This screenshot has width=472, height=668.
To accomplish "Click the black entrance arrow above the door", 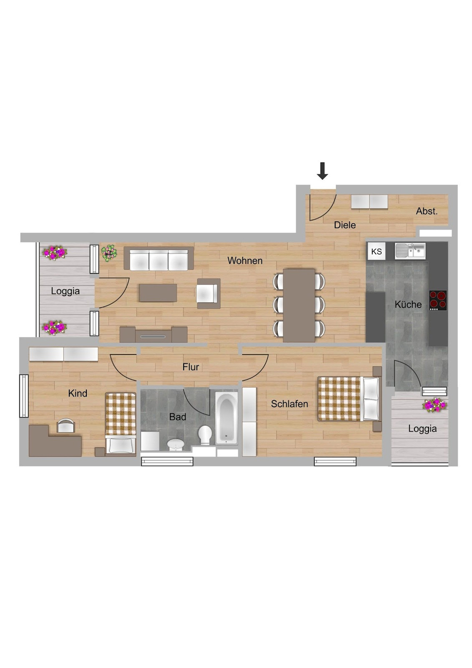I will [322, 170].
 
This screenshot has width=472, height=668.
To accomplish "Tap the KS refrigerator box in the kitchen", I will [376, 252].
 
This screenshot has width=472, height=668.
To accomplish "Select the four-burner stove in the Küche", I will [438, 300].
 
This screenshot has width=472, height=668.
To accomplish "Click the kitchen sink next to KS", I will [410, 251].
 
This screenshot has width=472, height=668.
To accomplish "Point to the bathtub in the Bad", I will [227, 418].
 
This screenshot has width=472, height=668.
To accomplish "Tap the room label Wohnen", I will [244, 261].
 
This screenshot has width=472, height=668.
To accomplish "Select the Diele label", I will [345, 225].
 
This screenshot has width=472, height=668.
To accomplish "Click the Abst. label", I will [426, 211].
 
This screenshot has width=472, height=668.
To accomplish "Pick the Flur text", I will [191, 367].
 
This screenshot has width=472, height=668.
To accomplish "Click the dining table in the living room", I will [299, 305].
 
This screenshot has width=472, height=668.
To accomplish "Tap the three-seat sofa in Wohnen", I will [159, 259].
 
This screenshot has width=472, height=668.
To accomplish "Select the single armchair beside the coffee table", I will [208, 294].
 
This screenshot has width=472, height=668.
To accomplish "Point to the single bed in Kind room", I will [120, 423].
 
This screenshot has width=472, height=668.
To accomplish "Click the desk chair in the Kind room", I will [66, 426].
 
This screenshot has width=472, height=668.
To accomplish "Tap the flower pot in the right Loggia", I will [434, 405].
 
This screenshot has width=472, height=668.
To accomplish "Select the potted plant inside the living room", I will [109, 253].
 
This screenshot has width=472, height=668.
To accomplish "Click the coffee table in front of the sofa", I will [158, 293].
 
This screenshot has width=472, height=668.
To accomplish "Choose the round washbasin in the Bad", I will [176, 444].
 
